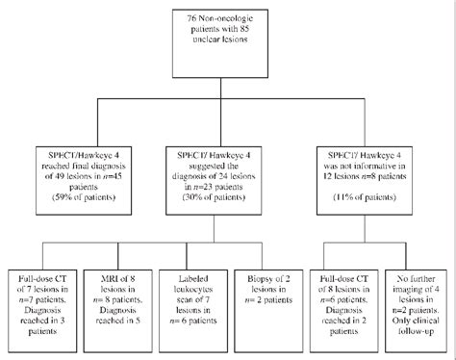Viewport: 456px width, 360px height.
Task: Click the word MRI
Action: [x=100, y=281]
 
